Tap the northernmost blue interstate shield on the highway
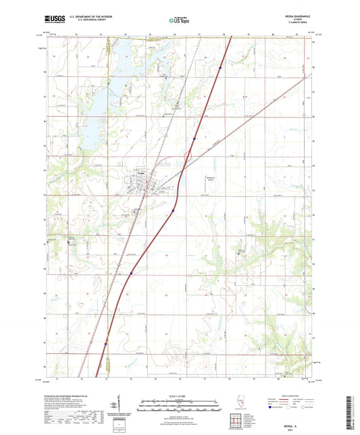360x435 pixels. pos(220,67)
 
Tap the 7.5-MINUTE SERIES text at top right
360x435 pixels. pos(296,26)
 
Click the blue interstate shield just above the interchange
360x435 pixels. pos(195,138)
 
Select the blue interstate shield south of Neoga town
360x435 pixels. pos(172,210)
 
